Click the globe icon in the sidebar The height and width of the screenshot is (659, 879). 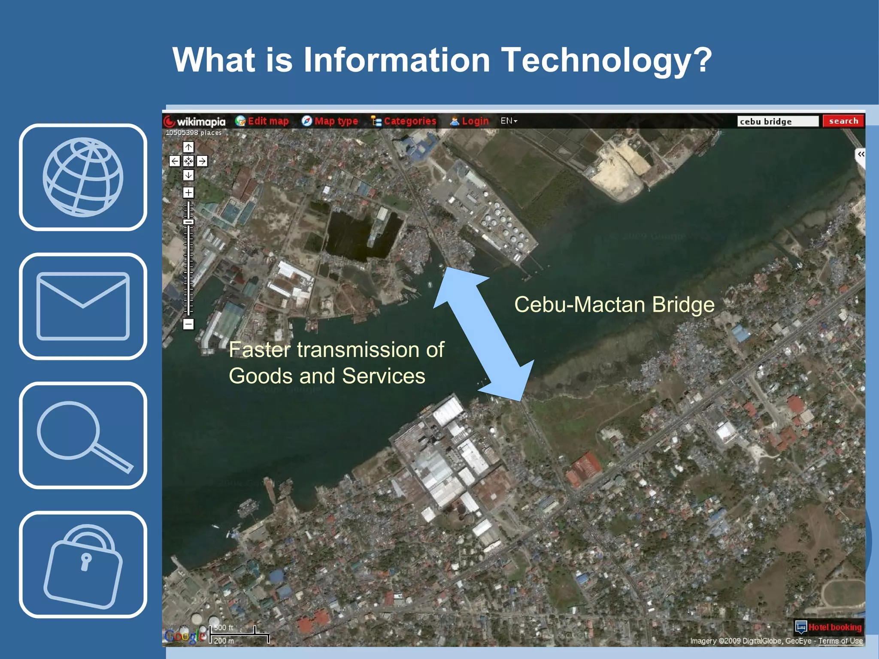pos(83,177)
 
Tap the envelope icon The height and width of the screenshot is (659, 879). pos(83,306)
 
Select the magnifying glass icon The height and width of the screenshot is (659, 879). pos(83,435)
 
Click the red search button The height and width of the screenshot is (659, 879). pos(843,121)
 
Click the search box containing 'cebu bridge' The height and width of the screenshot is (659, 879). pos(777,121)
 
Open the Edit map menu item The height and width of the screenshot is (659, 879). pos(263,121)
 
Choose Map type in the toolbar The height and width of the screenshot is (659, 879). pos(330,121)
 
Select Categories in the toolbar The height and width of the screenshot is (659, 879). pos(404,121)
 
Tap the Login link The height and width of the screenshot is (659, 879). pos(470,121)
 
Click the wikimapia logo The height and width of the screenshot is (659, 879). pos(195,122)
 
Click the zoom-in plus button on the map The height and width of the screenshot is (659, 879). pos(188,193)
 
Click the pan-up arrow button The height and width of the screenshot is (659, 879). pos(188,147)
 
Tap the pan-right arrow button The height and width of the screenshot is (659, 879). pos(202,161)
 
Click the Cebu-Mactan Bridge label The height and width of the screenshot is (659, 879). pos(614,305)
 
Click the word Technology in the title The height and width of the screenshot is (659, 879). pos(606,60)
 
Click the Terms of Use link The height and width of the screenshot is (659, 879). pos(840,641)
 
